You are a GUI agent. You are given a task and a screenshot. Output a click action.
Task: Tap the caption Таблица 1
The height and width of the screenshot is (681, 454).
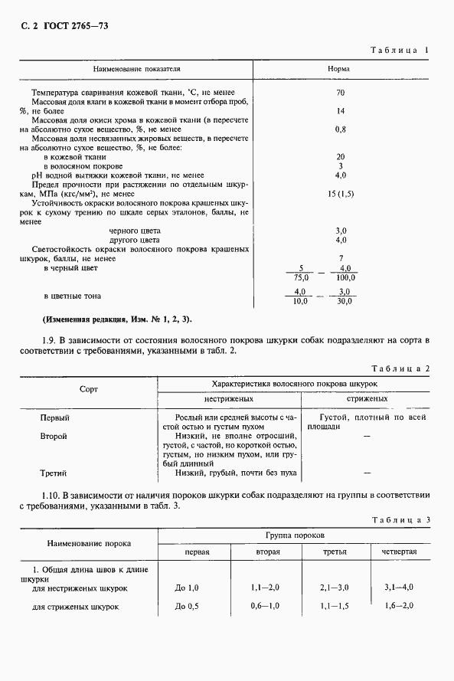[399, 50]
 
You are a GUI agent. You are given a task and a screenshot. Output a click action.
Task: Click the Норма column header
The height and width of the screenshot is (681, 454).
[339, 69]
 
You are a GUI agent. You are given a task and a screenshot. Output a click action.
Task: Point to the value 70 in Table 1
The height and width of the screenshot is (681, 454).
[340, 93]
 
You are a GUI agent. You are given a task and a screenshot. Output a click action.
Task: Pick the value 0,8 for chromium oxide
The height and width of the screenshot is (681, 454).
[340, 129]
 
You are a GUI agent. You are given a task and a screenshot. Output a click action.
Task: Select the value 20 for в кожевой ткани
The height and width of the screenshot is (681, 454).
[340, 157]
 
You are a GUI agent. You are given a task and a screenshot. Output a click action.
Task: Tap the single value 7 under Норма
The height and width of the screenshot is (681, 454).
[340, 258]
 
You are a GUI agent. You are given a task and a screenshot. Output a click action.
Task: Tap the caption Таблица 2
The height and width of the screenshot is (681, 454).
[399, 368]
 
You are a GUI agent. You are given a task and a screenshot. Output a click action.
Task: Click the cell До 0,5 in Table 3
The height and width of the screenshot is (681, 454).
[187, 607]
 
